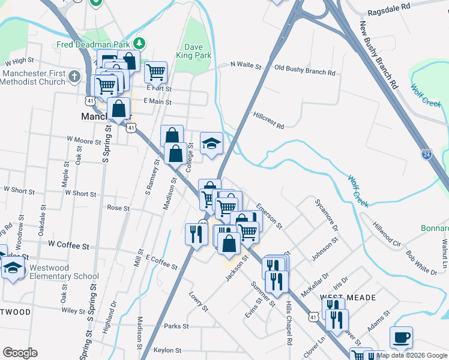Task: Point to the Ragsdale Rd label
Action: pos(388,6)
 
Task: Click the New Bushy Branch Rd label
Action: pos(379,54)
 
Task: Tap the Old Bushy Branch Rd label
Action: pos(304,70)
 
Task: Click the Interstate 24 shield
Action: pos(426,154)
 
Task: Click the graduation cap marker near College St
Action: pos(211,143)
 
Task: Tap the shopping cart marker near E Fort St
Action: pos(155,71)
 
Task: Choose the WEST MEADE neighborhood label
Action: pos(348,298)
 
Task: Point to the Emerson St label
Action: pos(269,215)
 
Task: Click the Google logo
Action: pos(20,353)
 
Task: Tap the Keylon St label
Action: pos(167,350)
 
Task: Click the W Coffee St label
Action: pos(68,246)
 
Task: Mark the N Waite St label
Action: pos(247,65)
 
